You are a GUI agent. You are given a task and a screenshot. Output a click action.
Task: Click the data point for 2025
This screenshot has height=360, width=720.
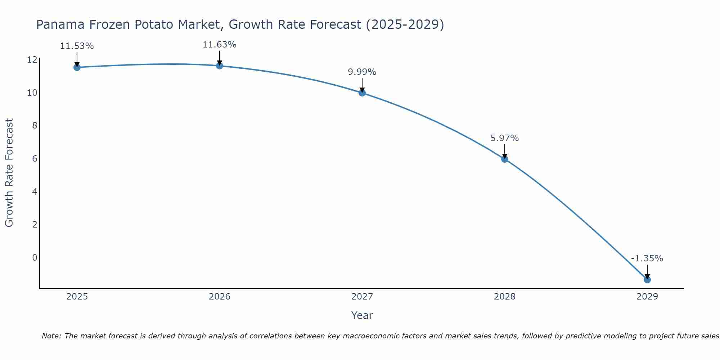pyautogui.click(x=77, y=67)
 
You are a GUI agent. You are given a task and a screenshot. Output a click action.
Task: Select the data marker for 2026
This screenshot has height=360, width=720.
pyautogui.click(x=220, y=66)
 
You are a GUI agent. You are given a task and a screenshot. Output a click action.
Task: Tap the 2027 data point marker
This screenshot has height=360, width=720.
pyautogui.click(x=362, y=93)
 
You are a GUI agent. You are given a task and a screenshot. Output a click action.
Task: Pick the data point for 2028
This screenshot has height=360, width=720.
pyautogui.click(x=505, y=159)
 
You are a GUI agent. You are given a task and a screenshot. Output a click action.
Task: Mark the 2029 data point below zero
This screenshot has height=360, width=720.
pyautogui.click(x=647, y=280)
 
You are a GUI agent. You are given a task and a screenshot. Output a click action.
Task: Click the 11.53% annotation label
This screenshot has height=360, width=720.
pyautogui.click(x=77, y=46)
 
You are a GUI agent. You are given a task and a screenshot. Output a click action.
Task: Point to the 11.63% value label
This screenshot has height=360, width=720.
pyautogui.click(x=220, y=45)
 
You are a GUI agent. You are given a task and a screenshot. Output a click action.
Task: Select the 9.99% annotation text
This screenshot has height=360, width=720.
pyautogui.click(x=362, y=72)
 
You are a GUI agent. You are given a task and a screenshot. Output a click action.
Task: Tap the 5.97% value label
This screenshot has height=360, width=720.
pyautogui.click(x=505, y=138)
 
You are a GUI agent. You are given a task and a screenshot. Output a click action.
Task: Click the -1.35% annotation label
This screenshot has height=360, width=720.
pyautogui.click(x=647, y=258)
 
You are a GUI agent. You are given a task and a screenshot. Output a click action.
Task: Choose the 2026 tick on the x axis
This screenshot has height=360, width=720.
pyautogui.click(x=220, y=297)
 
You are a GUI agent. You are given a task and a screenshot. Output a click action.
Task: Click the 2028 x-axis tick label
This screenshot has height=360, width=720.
pyautogui.click(x=505, y=297)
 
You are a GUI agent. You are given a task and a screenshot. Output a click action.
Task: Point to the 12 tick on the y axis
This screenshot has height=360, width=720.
pyautogui.click(x=32, y=60)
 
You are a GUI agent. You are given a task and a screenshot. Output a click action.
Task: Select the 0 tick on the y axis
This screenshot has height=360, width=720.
pyautogui.click(x=35, y=257)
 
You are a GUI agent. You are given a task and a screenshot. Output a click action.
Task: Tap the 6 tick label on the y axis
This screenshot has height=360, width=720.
pyautogui.click(x=35, y=159)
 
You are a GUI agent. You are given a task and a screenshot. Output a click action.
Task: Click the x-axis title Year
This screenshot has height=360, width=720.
pyautogui.click(x=362, y=315)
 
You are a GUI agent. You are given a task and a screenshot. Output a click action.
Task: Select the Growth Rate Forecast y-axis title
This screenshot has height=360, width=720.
pyautogui.click(x=9, y=173)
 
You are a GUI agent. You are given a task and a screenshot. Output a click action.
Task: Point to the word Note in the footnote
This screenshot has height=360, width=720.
pyautogui.click(x=51, y=336)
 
